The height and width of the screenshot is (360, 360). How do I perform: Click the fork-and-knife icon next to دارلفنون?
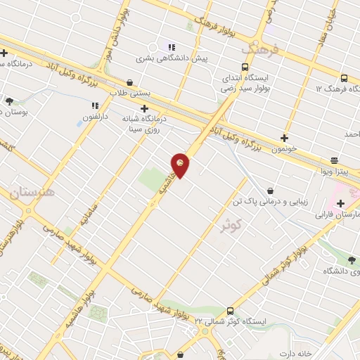pos(93,105)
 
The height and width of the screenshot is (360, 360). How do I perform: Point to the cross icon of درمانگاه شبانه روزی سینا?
pos(144,108)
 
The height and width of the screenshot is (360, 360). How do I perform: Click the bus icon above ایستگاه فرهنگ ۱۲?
pos(344,78)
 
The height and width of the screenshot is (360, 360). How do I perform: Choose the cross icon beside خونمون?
pos(284,138)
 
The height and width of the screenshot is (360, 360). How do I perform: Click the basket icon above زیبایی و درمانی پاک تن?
pos(270,191)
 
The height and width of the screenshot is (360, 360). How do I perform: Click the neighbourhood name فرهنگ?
pos(261,49)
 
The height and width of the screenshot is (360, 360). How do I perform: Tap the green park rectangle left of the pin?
pos(153,180)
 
